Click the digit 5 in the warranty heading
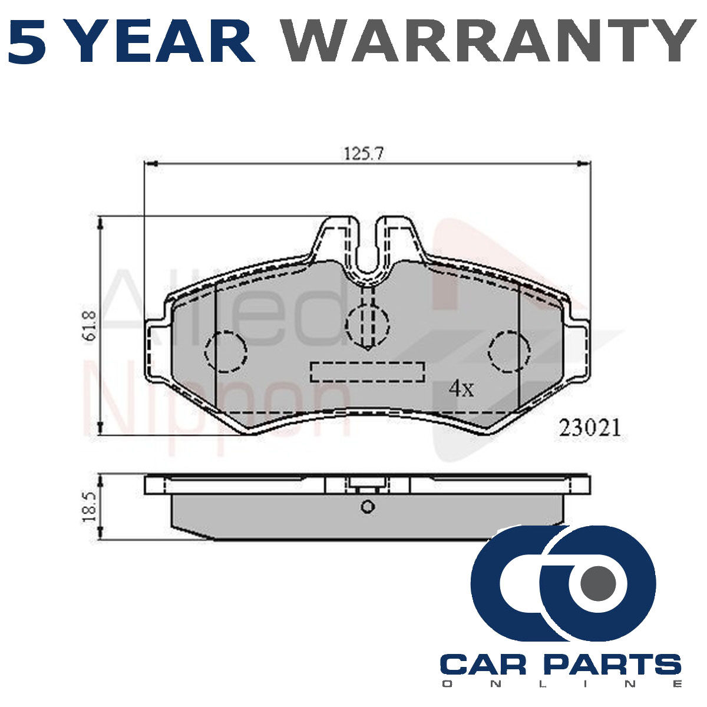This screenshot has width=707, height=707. click(28, 41)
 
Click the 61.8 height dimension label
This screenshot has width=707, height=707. click(90, 326)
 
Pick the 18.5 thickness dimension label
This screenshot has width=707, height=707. click(90, 507)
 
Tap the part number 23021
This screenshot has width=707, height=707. click(590, 428)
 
